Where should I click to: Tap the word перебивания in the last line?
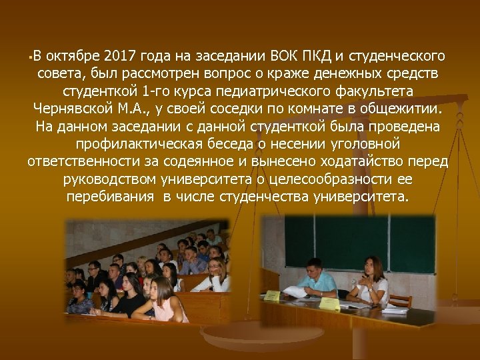(107, 198)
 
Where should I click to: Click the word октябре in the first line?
(71, 54)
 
